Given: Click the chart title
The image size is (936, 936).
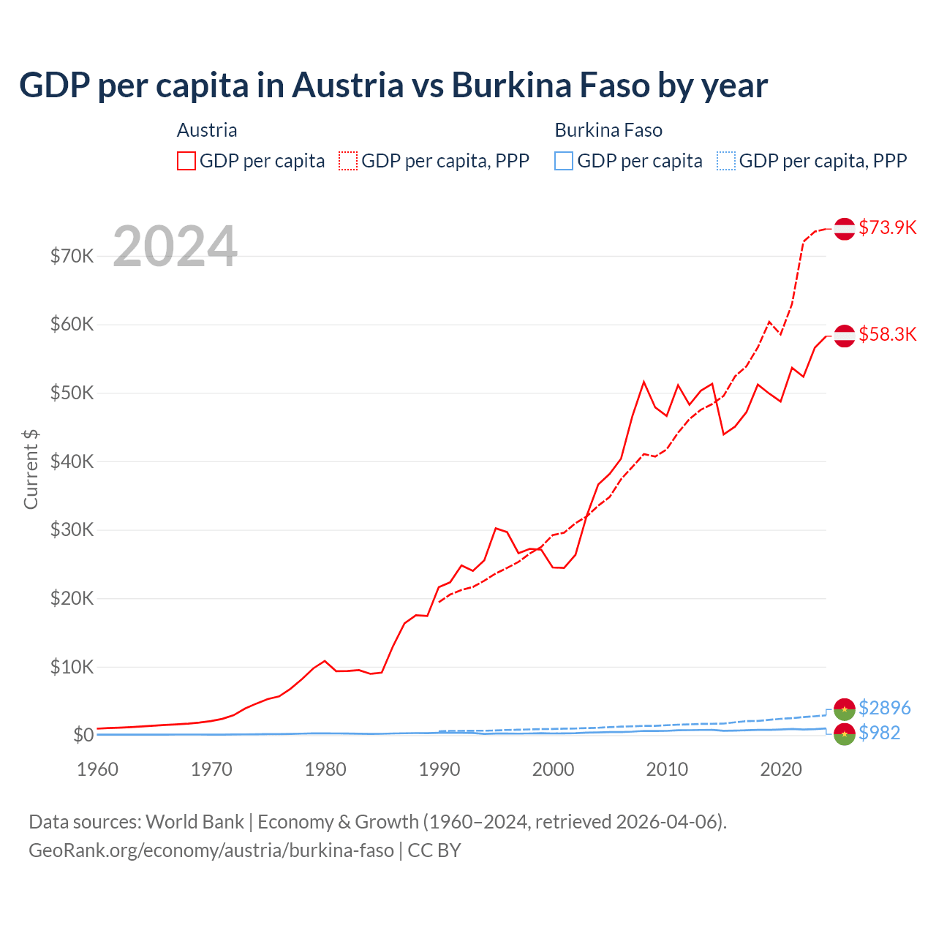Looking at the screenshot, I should pyautogui.click(x=393, y=86).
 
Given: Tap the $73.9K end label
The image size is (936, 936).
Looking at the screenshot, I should pyautogui.click(x=887, y=227).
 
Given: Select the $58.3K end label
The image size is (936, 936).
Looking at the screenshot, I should pyautogui.click(x=887, y=334).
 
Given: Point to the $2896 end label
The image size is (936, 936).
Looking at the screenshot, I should pyautogui.click(x=884, y=708).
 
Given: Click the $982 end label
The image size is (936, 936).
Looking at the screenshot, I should pyautogui.click(x=879, y=733).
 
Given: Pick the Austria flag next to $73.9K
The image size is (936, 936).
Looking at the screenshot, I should pyautogui.click(x=845, y=228).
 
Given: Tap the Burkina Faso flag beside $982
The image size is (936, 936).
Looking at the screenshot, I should pyautogui.click(x=845, y=734).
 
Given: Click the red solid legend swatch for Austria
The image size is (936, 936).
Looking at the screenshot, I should pyautogui.click(x=186, y=161).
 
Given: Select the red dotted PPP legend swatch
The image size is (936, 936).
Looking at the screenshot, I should pyautogui.click(x=348, y=161).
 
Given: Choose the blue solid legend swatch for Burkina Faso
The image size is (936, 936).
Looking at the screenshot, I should pyautogui.click(x=564, y=161).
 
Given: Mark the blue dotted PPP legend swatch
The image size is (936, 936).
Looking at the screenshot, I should pyautogui.click(x=726, y=161).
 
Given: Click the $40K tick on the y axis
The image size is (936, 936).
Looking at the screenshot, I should pyautogui.click(x=72, y=461).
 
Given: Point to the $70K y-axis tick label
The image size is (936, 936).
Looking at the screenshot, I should pyautogui.click(x=72, y=256).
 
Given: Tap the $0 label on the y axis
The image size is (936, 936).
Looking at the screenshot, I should pyautogui.click(x=83, y=735).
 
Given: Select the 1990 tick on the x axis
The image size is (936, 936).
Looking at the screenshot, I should pyautogui.click(x=439, y=769).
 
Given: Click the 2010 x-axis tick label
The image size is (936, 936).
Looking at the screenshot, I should pyautogui.click(x=668, y=769).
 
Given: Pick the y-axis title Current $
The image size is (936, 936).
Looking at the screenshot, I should pyautogui.click(x=31, y=469).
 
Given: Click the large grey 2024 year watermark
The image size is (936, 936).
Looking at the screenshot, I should pyautogui.click(x=175, y=246).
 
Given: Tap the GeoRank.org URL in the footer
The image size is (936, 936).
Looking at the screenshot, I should pyautogui.click(x=211, y=850).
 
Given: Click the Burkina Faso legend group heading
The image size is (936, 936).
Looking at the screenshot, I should pyautogui.click(x=608, y=130).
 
